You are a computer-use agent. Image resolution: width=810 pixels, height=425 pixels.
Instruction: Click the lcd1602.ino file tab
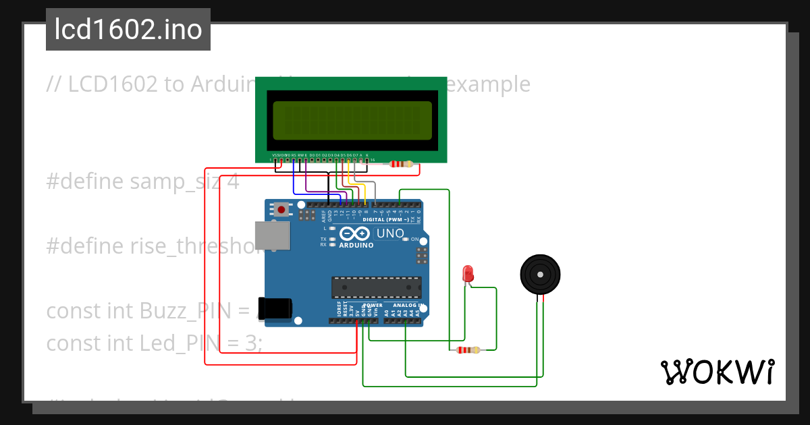(x=128, y=30)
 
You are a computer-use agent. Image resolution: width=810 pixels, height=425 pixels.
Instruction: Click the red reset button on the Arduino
(x=281, y=210)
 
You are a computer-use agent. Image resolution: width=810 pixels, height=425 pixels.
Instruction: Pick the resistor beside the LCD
(x=402, y=163)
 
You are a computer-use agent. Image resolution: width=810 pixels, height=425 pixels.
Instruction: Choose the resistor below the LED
(x=468, y=349)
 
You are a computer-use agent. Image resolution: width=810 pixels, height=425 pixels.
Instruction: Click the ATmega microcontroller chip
(x=375, y=287)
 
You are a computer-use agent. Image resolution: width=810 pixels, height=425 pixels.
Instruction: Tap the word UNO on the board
(x=389, y=233)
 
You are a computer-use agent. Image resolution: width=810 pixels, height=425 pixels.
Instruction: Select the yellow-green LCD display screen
(x=352, y=120)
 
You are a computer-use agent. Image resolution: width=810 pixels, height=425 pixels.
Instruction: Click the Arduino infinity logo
(x=355, y=234)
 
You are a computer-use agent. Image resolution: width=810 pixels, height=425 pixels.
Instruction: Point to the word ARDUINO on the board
(x=356, y=245)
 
